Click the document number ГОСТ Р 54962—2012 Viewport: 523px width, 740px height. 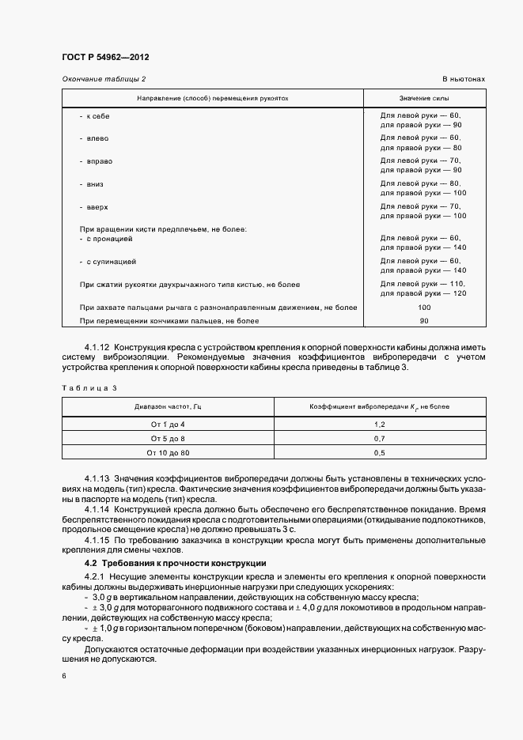(x=104, y=58)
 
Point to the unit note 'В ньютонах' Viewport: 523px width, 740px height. (x=464, y=79)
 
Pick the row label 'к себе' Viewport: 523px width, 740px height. (x=98, y=116)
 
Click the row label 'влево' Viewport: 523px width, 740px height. (x=98, y=138)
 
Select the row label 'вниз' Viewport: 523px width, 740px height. (x=96, y=183)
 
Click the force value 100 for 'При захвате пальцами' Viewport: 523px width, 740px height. (x=424, y=307)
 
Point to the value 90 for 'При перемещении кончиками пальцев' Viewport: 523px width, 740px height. (x=424, y=321)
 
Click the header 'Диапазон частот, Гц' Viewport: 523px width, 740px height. (x=167, y=406)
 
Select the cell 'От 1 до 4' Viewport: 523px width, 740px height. (x=167, y=425)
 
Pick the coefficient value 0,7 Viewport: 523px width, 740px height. (x=379, y=438)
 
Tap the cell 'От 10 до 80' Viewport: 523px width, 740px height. (x=167, y=451)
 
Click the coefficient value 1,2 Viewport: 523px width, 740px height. (x=379, y=425)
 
